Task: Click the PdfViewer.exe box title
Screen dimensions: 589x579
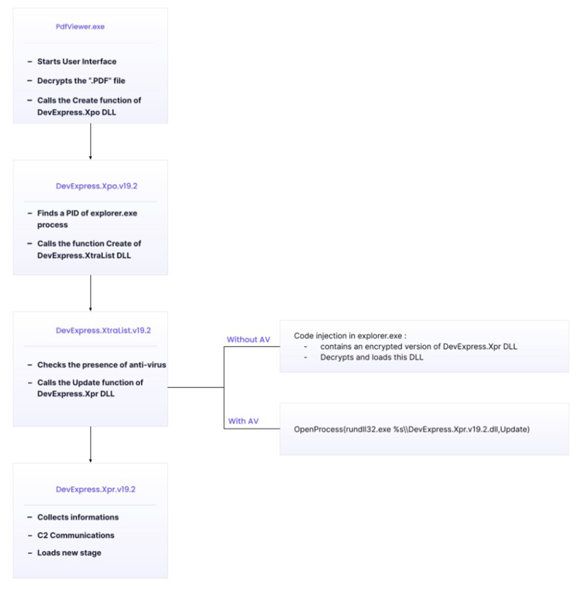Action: coord(80,27)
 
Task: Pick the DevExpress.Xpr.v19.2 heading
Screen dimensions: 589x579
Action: coord(96,489)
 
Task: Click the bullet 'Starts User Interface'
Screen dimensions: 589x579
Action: coord(76,62)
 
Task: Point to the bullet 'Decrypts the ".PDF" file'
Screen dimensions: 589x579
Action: coord(82,81)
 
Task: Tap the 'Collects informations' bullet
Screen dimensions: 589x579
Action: coord(78,517)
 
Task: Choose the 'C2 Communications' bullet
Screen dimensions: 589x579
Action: coord(76,535)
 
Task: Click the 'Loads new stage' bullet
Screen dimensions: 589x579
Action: coord(70,553)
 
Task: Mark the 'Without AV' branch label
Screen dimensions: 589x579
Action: coord(248,339)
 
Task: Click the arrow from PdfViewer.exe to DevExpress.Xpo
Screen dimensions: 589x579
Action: coord(90,141)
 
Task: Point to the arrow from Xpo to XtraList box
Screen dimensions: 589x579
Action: coord(90,292)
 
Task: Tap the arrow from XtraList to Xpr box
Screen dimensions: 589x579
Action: coord(90,444)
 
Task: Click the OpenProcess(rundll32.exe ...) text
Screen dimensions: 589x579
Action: coord(412,428)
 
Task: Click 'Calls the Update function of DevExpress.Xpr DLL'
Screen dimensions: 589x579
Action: coord(90,388)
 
